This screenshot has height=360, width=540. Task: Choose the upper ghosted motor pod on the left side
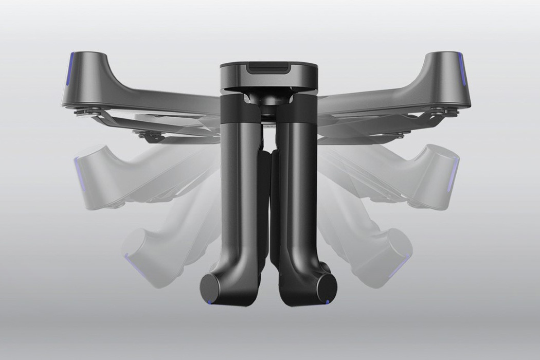coord(93,165)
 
